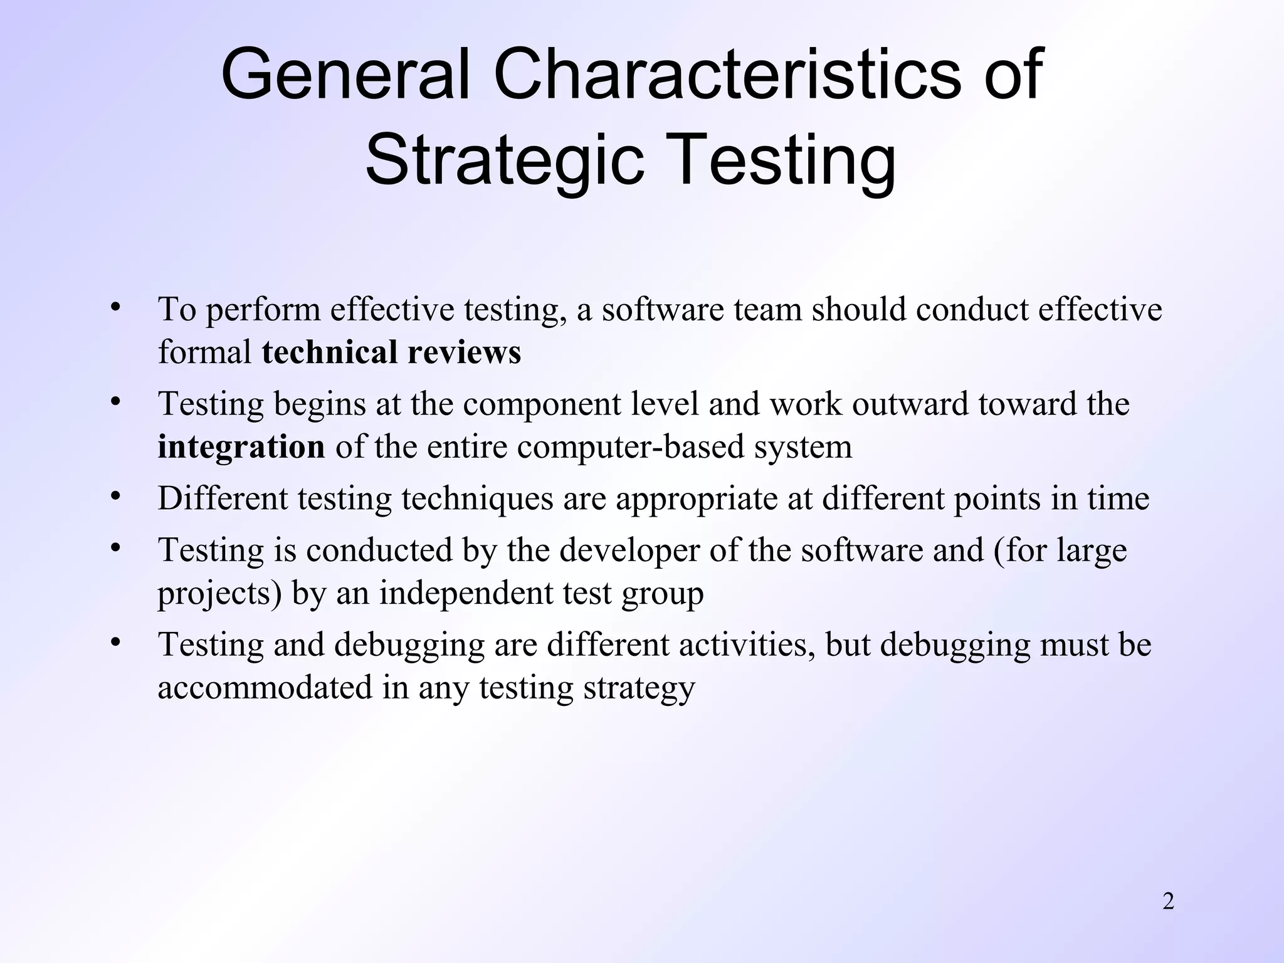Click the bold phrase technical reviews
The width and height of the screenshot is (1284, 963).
click(x=391, y=352)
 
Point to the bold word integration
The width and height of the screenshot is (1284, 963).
click(x=241, y=447)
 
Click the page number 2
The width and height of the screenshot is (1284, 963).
click(x=1168, y=902)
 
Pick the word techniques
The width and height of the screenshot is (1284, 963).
click(x=477, y=500)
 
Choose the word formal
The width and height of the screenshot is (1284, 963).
click(x=204, y=352)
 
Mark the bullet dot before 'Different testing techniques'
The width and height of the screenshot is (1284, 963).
click(x=114, y=497)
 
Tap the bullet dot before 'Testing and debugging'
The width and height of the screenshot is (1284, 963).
click(x=114, y=643)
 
